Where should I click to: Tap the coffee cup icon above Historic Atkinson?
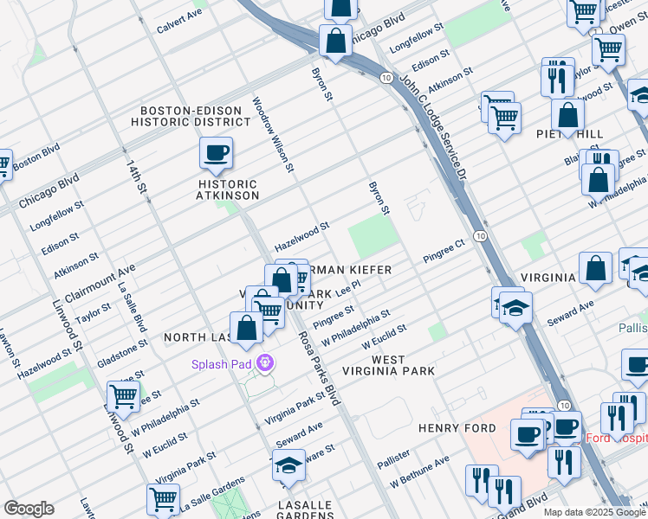click(216, 153)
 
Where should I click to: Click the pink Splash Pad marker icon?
click(266, 363)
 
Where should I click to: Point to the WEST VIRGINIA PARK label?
click(403, 364)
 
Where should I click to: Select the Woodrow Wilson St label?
click(274, 134)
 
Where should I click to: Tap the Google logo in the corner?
click(29, 509)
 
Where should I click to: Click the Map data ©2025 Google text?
click(594, 512)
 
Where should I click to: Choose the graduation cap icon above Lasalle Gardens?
click(288, 466)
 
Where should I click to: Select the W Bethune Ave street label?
click(419, 471)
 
